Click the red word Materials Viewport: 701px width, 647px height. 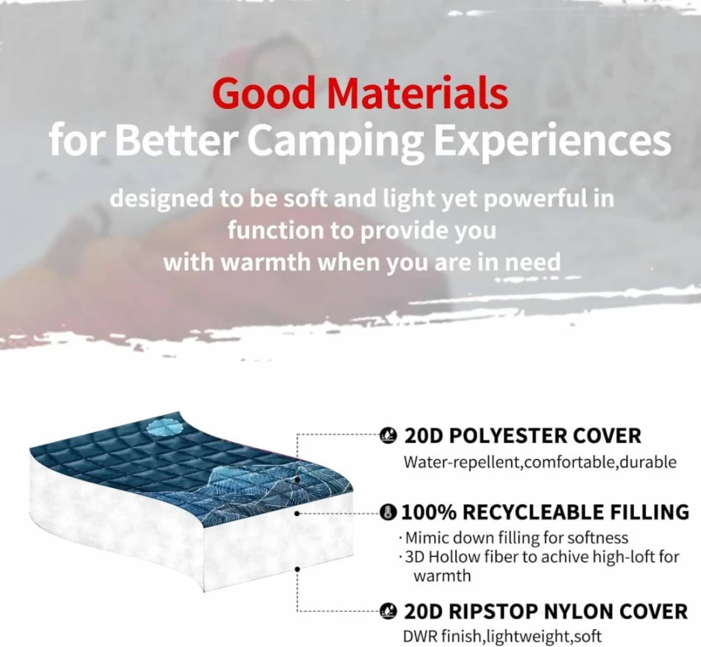[x=417, y=93]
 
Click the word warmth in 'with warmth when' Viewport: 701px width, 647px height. [x=266, y=262]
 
